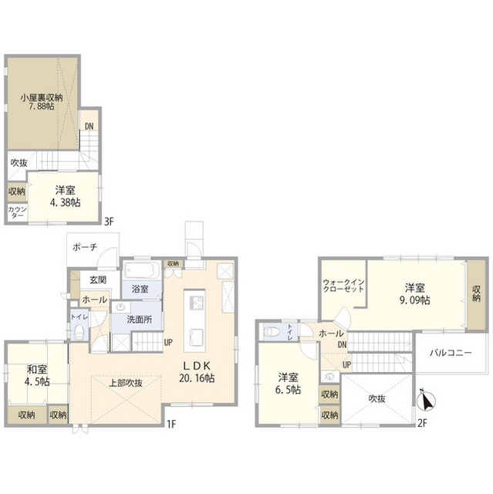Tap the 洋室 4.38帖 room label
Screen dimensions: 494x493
(x=66, y=194)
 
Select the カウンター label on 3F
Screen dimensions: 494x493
(x=15, y=212)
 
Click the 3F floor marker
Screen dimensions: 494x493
(x=110, y=222)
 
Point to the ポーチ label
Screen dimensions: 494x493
(x=84, y=247)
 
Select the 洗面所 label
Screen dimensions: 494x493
(x=139, y=320)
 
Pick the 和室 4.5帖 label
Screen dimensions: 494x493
(x=35, y=375)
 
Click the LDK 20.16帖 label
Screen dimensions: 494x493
(x=198, y=372)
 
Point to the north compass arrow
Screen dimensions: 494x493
(x=425, y=401)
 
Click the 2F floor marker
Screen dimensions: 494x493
(x=422, y=422)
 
